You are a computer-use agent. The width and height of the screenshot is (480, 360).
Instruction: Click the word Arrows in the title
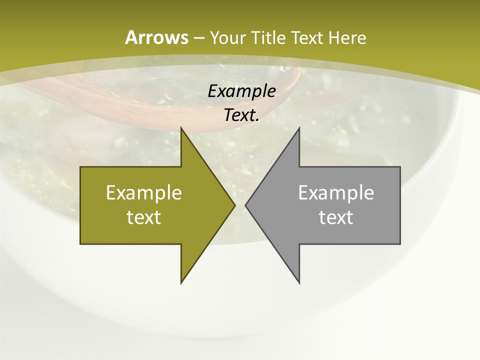(156, 37)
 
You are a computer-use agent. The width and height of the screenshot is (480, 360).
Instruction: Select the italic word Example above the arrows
(242, 91)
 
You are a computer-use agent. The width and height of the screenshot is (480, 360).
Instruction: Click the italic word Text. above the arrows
(242, 115)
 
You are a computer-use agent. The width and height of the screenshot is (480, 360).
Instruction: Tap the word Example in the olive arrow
(144, 192)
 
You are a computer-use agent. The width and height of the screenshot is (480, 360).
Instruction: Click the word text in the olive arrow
(144, 217)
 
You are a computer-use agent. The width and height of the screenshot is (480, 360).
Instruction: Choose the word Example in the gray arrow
(336, 192)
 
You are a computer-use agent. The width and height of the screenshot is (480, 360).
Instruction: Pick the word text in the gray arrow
(336, 217)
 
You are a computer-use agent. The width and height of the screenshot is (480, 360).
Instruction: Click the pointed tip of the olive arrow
(235, 205)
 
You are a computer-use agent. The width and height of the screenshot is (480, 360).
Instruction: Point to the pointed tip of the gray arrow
(245, 205)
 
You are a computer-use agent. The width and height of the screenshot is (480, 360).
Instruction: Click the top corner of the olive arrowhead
(181, 127)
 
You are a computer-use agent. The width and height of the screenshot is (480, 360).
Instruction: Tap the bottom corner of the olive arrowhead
(181, 283)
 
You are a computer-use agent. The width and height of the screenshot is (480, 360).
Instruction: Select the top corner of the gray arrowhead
(299, 127)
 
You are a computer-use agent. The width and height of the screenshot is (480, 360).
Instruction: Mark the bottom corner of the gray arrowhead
(299, 283)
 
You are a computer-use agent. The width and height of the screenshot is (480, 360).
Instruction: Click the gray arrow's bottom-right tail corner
(400, 243)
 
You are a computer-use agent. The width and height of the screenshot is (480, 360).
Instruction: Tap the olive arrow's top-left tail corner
(80, 167)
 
